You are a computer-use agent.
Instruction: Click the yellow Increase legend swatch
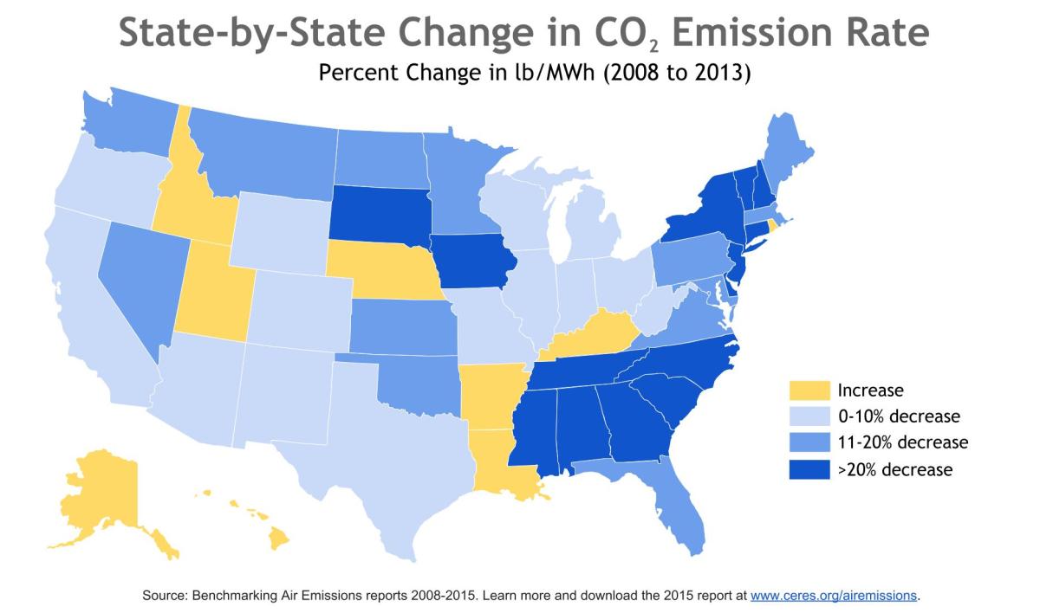tap(809, 390)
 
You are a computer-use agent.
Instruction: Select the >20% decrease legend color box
tap(809, 469)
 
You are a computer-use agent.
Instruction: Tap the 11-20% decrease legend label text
tap(903, 442)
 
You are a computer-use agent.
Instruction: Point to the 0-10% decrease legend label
tap(899, 416)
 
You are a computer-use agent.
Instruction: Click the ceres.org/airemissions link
tap(834, 596)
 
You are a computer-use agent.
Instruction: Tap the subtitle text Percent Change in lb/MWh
tap(457, 73)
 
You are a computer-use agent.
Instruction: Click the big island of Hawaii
tap(279, 539)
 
